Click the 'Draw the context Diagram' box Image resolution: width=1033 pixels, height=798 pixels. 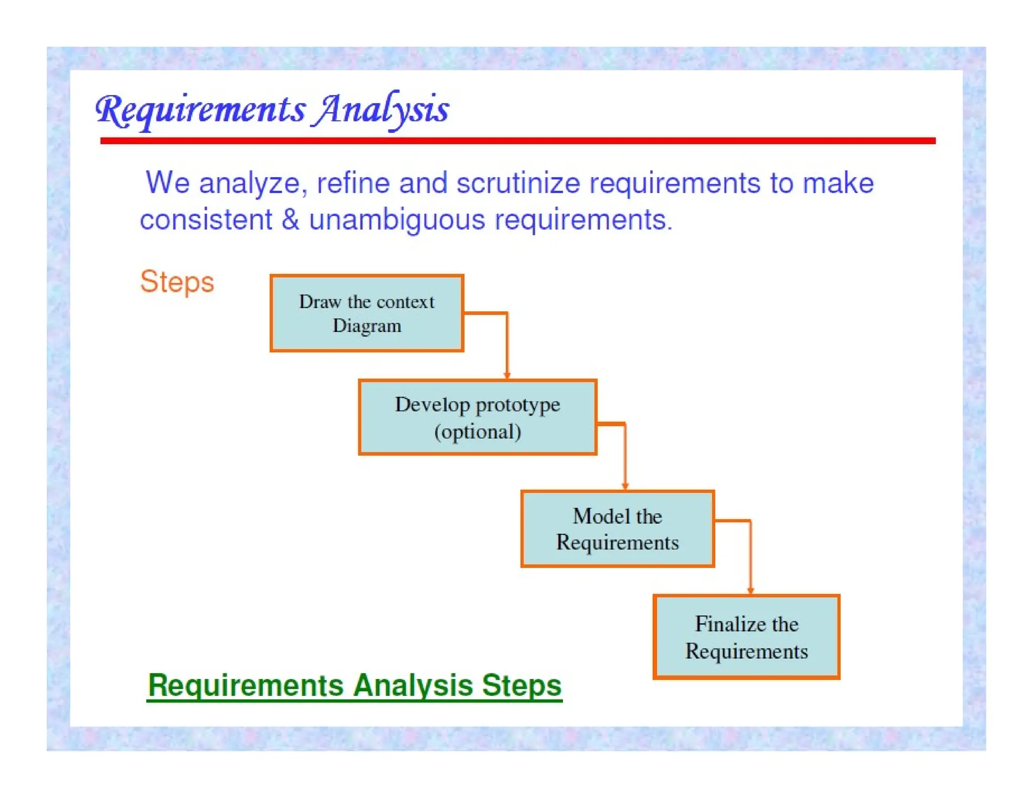pyautogui.click(x=367, y=313)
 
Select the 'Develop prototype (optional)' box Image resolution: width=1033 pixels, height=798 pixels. pyautogui.click(x=477, y=418)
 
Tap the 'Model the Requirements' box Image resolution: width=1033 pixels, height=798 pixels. pyautogui.click(x=617, y=529)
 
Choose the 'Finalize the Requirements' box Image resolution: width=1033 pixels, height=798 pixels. pyautogui.click(x=746, y=637)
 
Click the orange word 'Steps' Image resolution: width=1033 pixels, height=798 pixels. pyautogui.click(x=177, y=281)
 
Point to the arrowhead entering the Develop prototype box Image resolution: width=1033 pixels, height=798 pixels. pyautogui.click(x=507, y=375)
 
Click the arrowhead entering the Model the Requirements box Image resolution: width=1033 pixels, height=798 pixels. pyautogui.click(x=625, y=486)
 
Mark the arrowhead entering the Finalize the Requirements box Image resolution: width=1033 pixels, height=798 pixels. pyautogui.click(x=750, y=591)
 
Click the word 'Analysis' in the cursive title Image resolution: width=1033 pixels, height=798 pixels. pyautogui.click(x=382, y=109)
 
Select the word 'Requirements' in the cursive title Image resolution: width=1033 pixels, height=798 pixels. pyautogui.click(x=201, y=110)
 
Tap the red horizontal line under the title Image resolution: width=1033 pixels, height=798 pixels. pyautogui.click(x=518, y=141)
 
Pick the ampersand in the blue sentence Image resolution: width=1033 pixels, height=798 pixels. pyautogui.click(x=290, y=220)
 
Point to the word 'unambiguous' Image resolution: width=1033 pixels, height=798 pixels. pyautogui.click(x=397, y=220)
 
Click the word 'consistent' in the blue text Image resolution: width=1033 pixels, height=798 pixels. pyautogui.click(x=206, y=220)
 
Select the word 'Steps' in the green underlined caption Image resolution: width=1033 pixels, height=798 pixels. pyautogui.click(x=521, y=686)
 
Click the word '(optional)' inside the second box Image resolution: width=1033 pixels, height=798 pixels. pyautogui.click(x=477, y=432)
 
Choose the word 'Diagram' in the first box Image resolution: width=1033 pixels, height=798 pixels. pyautogui.click(x=367, y=326)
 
